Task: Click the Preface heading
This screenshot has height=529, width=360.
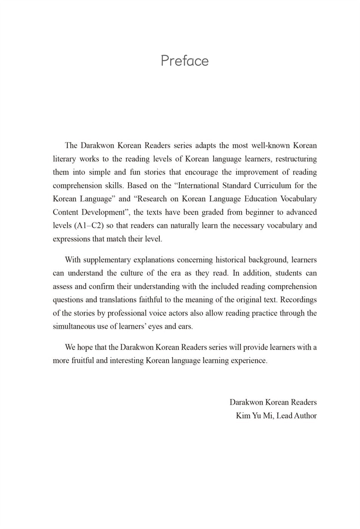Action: point(185,60)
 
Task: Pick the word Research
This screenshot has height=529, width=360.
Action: point(151,199)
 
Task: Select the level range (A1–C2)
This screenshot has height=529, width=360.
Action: point(89,226)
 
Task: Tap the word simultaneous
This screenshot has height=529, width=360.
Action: point(74,326)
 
